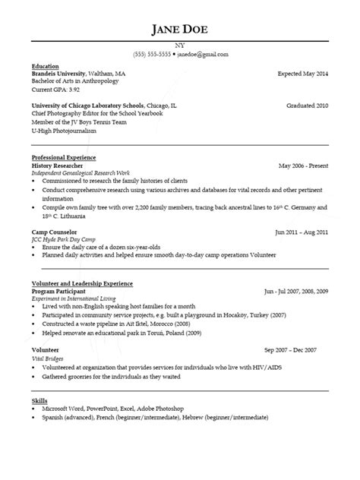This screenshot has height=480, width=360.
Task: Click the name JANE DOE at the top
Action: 179,30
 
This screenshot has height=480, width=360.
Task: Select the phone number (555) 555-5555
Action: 152,55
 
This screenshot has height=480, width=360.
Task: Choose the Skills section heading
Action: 39,399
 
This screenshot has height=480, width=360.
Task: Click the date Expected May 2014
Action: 302,74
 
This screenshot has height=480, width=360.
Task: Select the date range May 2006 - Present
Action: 303,165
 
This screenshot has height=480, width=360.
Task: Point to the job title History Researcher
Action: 57,165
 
